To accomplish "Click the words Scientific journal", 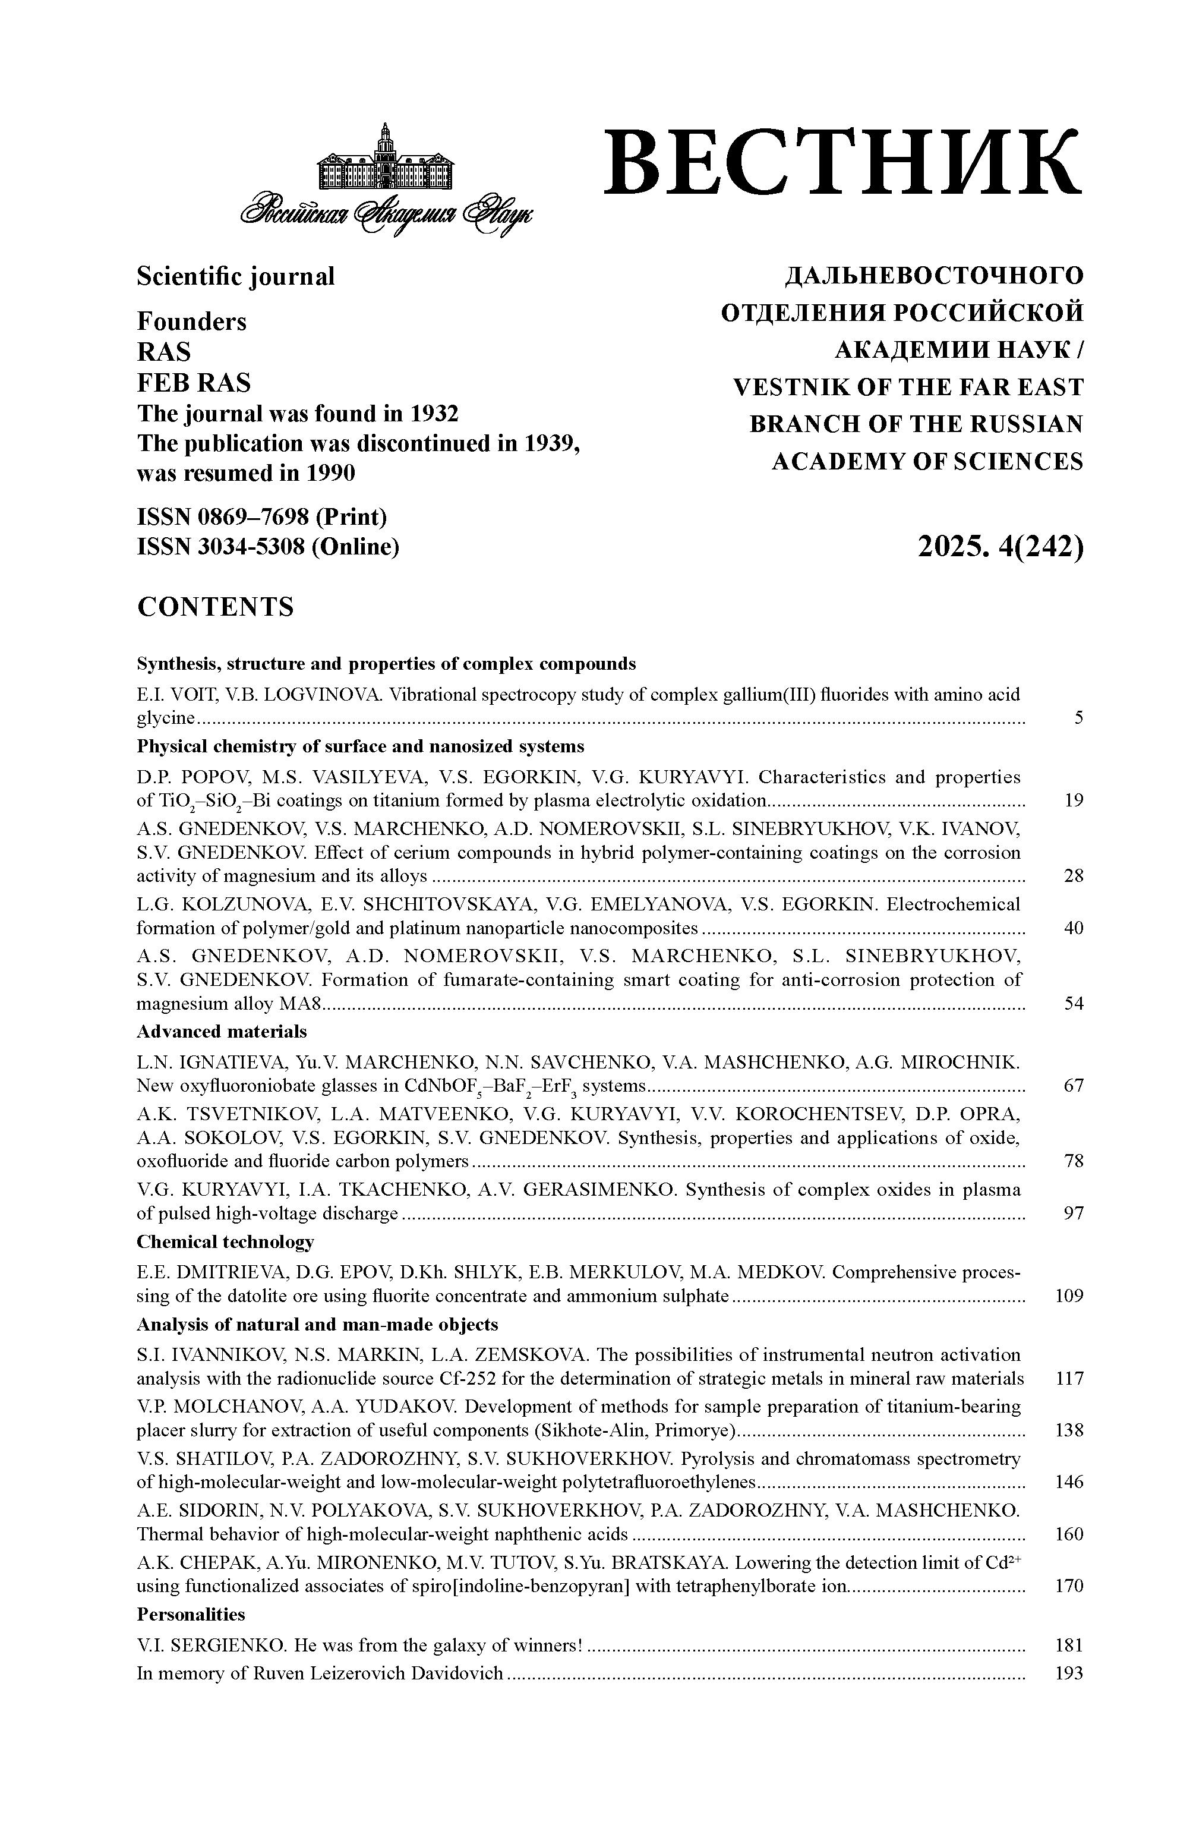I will pos(235,276).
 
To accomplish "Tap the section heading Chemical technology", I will pos(225,1241).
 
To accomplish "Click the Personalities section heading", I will pos(190,1614).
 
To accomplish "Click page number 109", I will pos(1069,1296).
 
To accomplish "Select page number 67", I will pos(1074,1086).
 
